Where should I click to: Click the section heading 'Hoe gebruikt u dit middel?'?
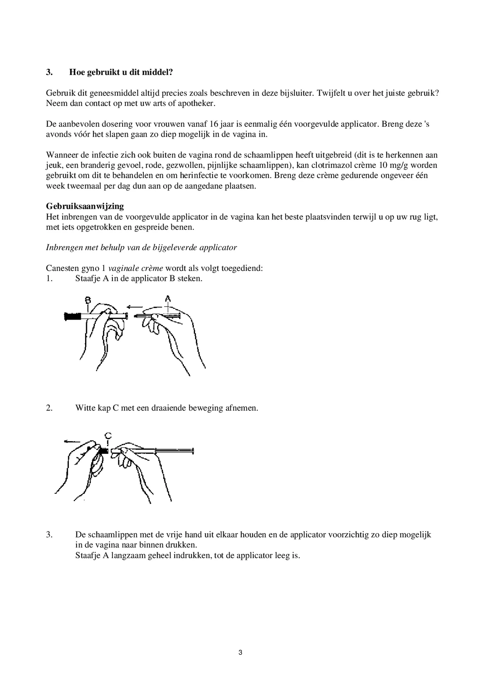click(121, 72)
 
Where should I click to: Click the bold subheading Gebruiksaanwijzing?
click(85, 206)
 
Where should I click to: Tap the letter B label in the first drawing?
click(87, 299)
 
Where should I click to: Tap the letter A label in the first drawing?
click(168, 298)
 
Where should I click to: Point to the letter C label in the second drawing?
click(108, 436)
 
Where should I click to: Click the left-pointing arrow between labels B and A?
click(134, 307)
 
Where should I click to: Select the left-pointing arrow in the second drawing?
click(72, 441)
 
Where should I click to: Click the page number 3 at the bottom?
click(240, 652)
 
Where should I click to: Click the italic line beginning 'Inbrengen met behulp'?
click(141, 248)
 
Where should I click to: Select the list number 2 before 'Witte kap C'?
click(49, 408)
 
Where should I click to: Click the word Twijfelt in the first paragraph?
click(330, 93)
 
